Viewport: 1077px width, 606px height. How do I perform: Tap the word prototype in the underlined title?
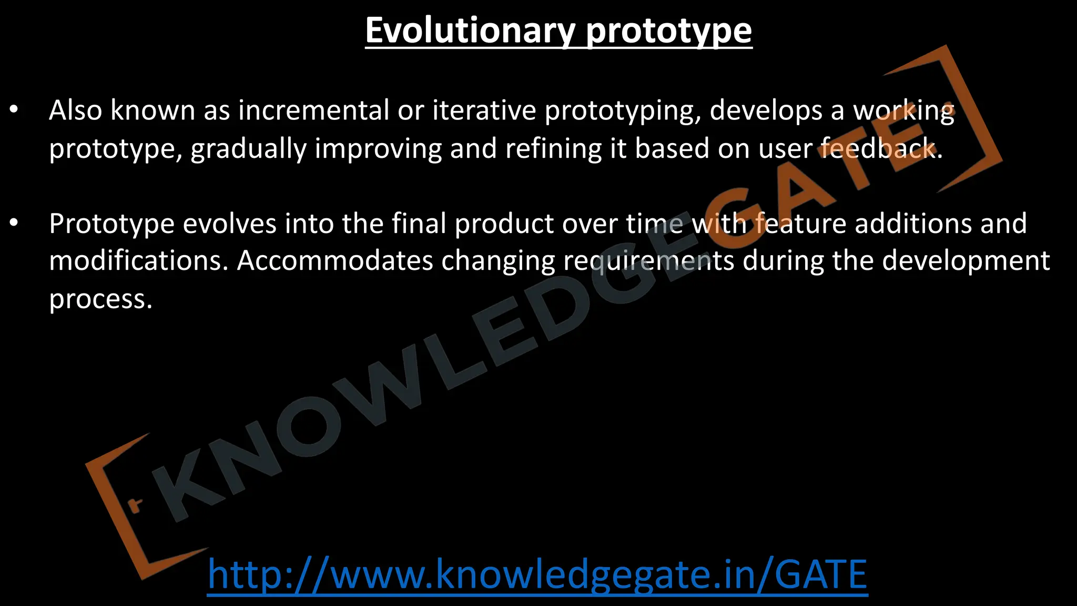click(x=668, y=32)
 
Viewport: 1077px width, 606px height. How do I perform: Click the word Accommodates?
click(x=334, y=261)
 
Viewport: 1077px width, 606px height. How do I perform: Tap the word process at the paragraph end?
click(x=100, y=300)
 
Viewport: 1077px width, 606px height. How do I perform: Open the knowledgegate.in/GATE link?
click(x=537, y=574)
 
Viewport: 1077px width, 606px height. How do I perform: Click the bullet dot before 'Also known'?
click(x=14, y=110)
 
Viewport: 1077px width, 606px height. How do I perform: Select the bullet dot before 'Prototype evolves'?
click(x=14, y=224)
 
